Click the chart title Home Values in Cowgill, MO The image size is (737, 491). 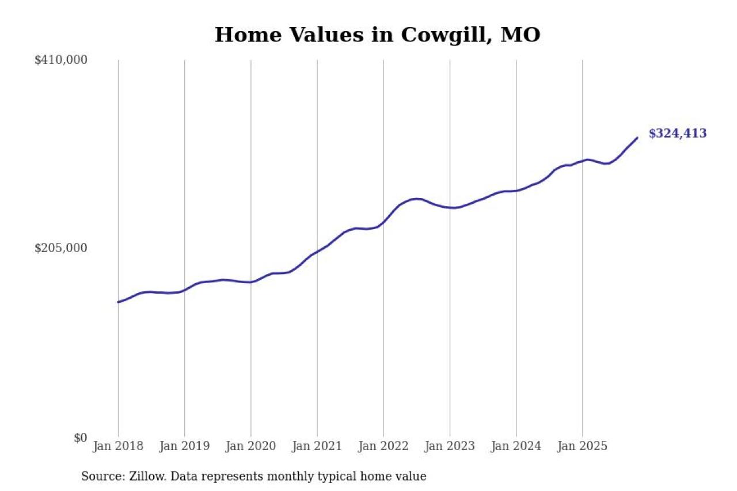(377, 35)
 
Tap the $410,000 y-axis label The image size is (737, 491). (61, 60)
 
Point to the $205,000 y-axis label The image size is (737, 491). (61, 248)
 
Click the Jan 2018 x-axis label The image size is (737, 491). (118, 446)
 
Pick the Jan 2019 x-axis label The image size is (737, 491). (184, 446)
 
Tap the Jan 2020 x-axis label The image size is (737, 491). (250, 446)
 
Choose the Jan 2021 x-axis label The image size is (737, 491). (317, 446)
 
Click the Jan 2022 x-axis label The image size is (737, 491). (383, 446)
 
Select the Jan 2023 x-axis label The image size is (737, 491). (450, 446)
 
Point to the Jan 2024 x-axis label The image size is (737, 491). (516, 446)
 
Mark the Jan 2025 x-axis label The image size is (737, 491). (582, 446)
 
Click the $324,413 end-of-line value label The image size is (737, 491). (677, 134)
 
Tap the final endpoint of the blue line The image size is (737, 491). (637, 138)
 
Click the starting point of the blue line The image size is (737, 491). (118, 302)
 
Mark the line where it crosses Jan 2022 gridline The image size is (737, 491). (383, 222)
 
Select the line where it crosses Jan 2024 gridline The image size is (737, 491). (516, 191)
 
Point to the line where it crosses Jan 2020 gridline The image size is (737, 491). (250, 282)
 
